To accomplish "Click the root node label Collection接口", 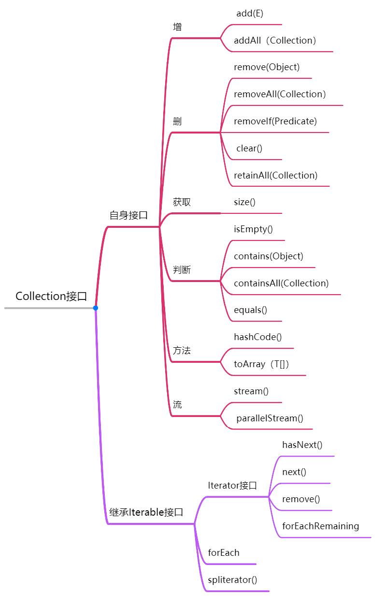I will click(x=51, y=296).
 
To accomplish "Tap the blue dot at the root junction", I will click(x=96, y=308).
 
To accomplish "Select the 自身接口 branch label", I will click(x=128, y=215).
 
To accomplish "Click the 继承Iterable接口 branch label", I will click(x=146, y=512).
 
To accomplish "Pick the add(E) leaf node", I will click(x=250, y=14).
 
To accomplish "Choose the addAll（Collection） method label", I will click(x=275, y=41).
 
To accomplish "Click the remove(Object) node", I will click(x=267, y=67).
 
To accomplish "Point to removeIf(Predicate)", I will click(x=275, y=121).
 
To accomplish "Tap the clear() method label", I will click(x=249, y=149).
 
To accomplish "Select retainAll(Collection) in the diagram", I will click(x=276, y=176).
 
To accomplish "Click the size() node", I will click(x=244, y=202).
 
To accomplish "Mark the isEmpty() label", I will click(x=253, y=229).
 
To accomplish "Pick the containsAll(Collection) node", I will click(x=281, y=283).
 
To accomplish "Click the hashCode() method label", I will click(x=257, y=337).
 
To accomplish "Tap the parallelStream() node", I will click(x=269, y=418).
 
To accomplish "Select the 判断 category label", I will click(x=182, y=270).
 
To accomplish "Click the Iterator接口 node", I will click(x=232, y=486).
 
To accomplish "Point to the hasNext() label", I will click(x=302, y=445).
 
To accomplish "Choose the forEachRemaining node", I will click(x=320, y=526).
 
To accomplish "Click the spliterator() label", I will click(x=232, y=580).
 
